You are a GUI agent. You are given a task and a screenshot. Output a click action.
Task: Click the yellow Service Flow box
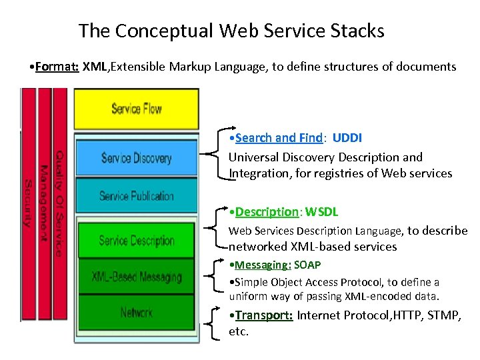(136, 109)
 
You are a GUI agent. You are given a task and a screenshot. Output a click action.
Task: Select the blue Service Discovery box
(136, 158)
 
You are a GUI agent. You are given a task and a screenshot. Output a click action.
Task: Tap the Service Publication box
(136, 196)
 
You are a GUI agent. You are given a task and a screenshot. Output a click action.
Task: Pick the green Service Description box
(136, 241)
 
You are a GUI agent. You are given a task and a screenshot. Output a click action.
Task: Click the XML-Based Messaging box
(136, 276)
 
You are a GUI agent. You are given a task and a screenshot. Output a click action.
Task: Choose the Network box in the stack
(136, 312)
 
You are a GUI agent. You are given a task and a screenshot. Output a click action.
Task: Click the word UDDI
(347, 138)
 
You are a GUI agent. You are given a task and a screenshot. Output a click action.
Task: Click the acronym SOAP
(309, 265)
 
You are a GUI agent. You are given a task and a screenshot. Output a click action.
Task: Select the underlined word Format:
(57, 67)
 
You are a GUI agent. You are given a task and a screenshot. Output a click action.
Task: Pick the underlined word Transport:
(264, 315)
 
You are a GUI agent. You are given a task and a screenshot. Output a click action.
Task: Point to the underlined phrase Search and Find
(279, 138)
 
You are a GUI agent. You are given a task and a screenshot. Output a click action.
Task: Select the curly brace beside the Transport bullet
(213, 323)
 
